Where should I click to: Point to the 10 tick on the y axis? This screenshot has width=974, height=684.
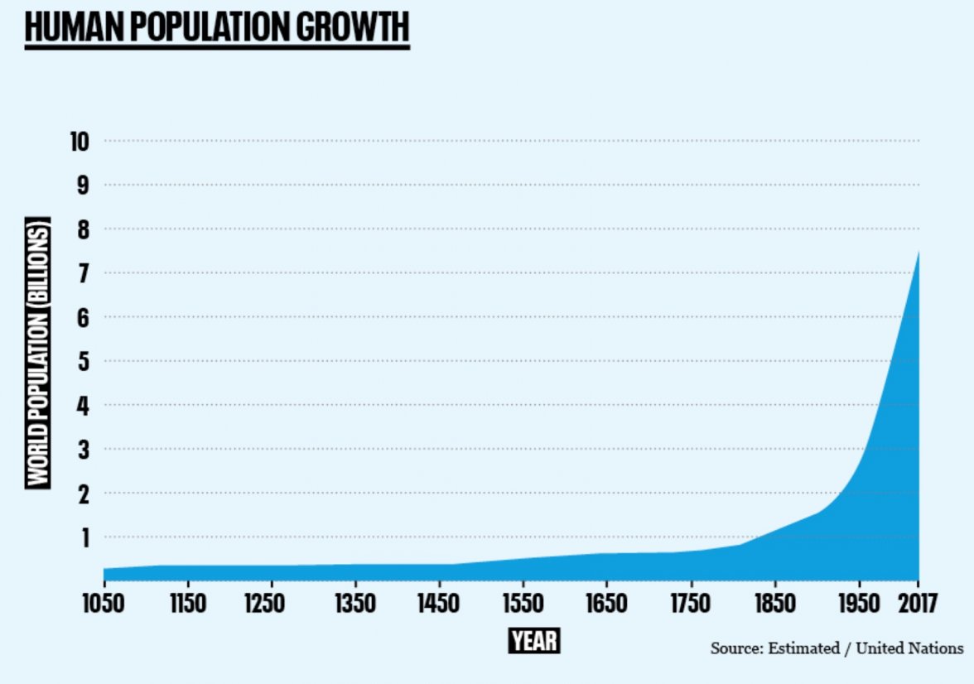(80, 141)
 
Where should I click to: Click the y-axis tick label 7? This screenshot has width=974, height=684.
(83, 272)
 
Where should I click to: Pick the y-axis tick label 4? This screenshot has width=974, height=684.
(83, 405)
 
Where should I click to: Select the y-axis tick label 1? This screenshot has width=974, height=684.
(83, 537)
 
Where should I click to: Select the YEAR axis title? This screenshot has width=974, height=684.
(534, 639)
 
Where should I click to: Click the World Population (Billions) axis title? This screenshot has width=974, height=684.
(39, 353)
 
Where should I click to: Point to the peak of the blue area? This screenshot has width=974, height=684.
(918, 252)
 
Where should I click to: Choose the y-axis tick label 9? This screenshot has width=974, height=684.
(83, 185)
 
